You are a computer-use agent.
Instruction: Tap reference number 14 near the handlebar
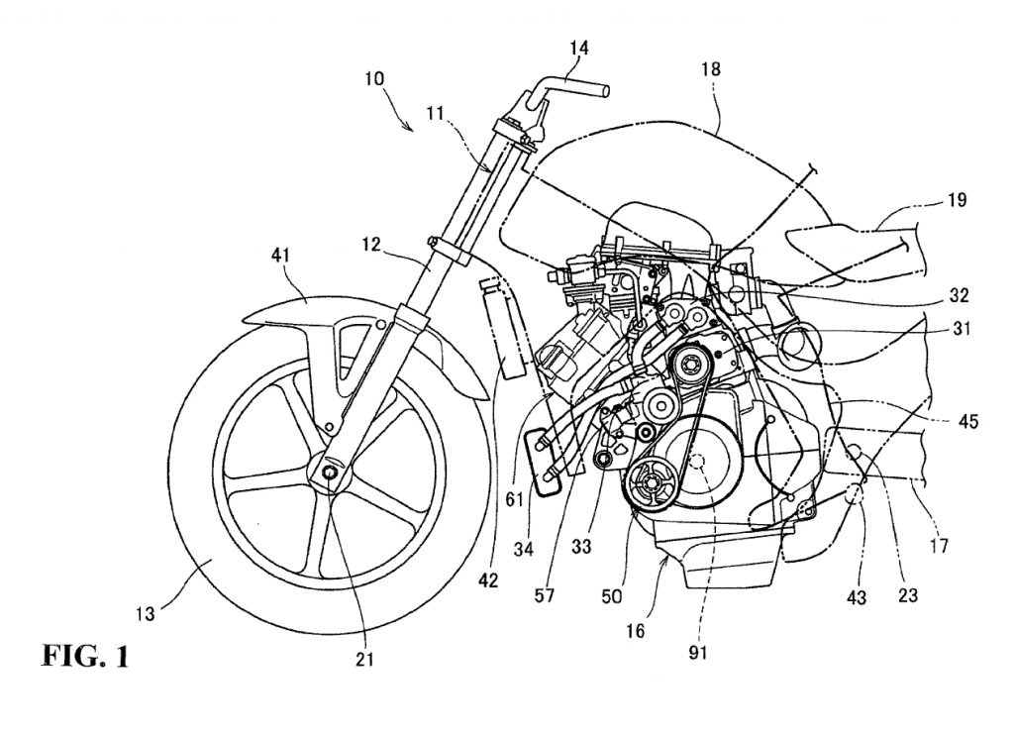pyautogui.click(x=578, y=46)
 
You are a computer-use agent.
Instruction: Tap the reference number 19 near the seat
pyautogui.click(x=958, y=199)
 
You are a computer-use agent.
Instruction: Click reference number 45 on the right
pyautogui.click(x=967, y=422)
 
